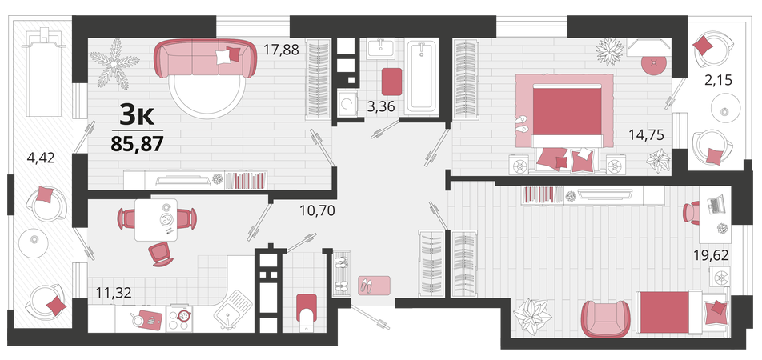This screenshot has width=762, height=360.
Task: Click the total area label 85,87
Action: pyautogui.click(x=137, y=144)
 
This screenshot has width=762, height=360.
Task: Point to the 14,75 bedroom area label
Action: pyautogui.click(x=647, y=134)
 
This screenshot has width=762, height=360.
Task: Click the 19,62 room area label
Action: pyautogui.click(x=712, y=255)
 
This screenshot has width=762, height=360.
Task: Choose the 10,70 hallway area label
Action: pyautogui.click(x=317, y=211)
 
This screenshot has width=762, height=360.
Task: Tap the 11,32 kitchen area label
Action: pyautogui.click(x=114, y=292)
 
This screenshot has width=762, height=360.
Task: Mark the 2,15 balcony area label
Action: pyautogui.click(x=718, y=78)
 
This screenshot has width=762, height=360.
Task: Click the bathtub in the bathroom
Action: pyautogui.click(x=423, y=78)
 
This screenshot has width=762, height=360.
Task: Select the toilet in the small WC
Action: pyautogui.click(x=306, y=312)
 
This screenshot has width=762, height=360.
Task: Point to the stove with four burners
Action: pyautogui.click(x=180, y=318)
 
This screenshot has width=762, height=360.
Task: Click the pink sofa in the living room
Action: pyautogui.click(x=205, y=58)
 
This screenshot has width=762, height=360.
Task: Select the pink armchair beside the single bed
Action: pyautogui.click(x=604, y=318)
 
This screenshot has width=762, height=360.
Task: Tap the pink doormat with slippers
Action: pyautogui.click(x=375, y=285)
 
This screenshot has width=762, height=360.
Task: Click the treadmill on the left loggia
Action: pyautogui.click(x=43, y=71)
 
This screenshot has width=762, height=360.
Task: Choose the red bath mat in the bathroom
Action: pyautogui.click(x=391, y=82)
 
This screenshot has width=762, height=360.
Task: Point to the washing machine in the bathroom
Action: pyautogui.click(x=347, y=106)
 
